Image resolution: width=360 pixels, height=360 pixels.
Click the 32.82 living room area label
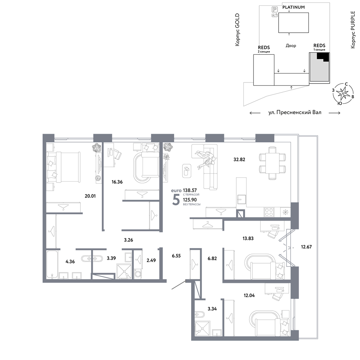pyautogui.click(x=239, y=159)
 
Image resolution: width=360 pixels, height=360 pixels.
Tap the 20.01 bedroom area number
pyautogui.click(x=90, y=196)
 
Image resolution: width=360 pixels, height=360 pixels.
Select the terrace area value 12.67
pyautogui.click(x=306, y=247)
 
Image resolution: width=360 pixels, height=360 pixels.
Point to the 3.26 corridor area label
pyautogui.click(x=129, y=240)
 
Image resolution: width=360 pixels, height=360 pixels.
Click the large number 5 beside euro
pyautogui.click(x=176, y=199)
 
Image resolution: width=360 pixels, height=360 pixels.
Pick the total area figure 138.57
pyautogui.click(x=190, y=190)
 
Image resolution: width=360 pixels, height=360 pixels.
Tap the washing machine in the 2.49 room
pyautogui.click(x=138, y=274)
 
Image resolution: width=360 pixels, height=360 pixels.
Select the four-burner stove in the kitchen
pyautogui.click(x=269, y=212)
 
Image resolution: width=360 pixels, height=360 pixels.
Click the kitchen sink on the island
pyautogui.click(x=242, y=199)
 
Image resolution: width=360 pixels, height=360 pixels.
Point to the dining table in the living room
pyautogui.click(x=273, y=163)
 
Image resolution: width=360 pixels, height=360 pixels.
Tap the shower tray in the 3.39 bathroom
pyautogui.click(x=125, y=271)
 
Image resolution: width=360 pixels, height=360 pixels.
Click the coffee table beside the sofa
pyautogui.click(x=186, y=171)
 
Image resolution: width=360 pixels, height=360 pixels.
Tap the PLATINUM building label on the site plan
pyautogui.click(x=293, y=7)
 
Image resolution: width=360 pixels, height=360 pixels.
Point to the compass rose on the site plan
pyautogui.click(x=343, y=94)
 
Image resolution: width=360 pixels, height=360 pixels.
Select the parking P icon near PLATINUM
pyautogui.click(x=275, y=9)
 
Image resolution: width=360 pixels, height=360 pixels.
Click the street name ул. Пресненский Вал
pyautogui.click(x=295, y=112)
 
